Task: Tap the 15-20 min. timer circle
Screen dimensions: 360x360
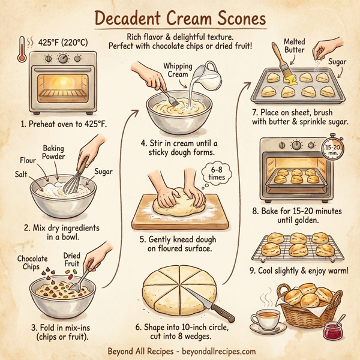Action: coord(332,150)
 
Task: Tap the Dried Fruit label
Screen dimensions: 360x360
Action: coord(71,260)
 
